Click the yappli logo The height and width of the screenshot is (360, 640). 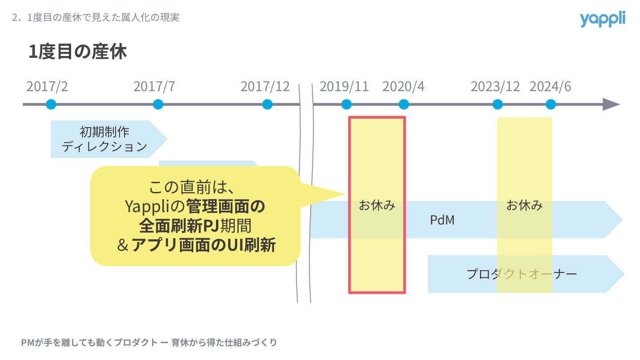(x=602, y=19)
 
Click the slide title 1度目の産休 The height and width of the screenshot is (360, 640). (x=78, y=52)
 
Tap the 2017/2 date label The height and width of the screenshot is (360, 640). (x=47, y=86)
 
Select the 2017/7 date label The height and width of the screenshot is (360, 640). (x=154, y=86)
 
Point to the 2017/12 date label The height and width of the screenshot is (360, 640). (x=265, y=86)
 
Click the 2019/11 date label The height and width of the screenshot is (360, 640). (x=344, y=86)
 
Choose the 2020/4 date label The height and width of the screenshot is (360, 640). (x=403, y=86)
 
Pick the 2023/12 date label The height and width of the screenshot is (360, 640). (x=495, y=86)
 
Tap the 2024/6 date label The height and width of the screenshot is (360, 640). (x=550, y=86)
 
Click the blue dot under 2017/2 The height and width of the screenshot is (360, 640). (x=51, y=104)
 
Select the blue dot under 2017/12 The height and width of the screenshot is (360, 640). (x=267, y=104)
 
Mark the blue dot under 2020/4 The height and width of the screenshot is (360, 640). (x=404, y=104)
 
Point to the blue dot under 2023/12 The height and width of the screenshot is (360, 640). (x=498, y=104)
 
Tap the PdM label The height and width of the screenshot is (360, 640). (x=442, y=220)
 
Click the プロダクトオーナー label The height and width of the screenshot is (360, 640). (x=522, y=274)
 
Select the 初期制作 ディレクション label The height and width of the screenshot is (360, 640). (x=104, y=139)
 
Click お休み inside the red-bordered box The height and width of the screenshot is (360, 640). (x=377, y=206)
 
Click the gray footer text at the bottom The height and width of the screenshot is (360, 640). (x=149, y=343)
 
